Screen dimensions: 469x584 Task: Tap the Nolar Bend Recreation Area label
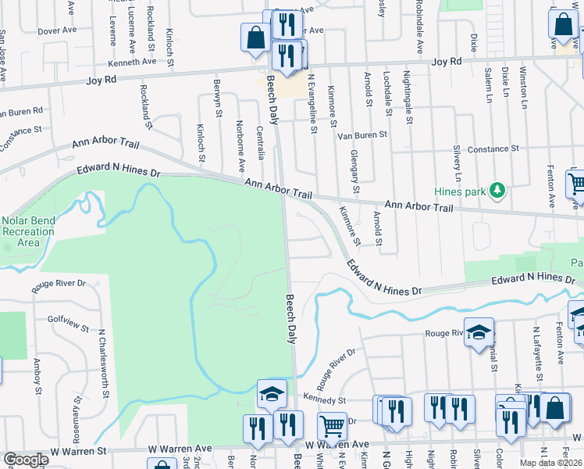pyautogui.click(x=29, y=231)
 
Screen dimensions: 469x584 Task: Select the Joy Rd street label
pyautogui.click(x=447, y=61)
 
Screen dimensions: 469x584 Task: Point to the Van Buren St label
pyautogui.click(x=362, y=135)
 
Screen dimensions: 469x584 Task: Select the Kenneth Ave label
pyautogui.click(x=133, y=62)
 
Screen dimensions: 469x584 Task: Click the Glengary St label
pyautogui.click(x=354, y=172)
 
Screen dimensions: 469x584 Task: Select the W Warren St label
pyautogui.click(x=77, y=452)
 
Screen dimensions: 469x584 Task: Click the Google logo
pyautogui.click(x=26, y=460)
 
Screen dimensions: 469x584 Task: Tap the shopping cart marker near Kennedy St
pyautogui.click(x=332, y=427)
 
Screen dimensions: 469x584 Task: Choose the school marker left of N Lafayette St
pyautogui.click(x=479, y=332)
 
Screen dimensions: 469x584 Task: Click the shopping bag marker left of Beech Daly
pyautogui.click(x=255, y=38)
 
